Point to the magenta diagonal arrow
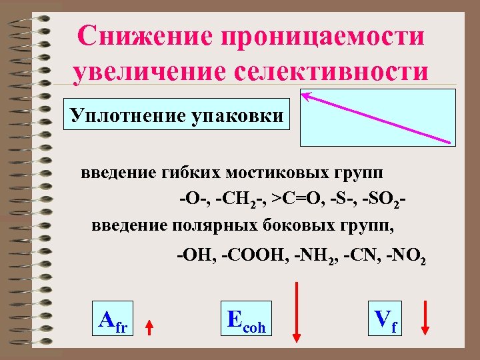pos(378,117)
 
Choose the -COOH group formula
pos(253,255)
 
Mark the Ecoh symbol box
pos(246,321)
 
